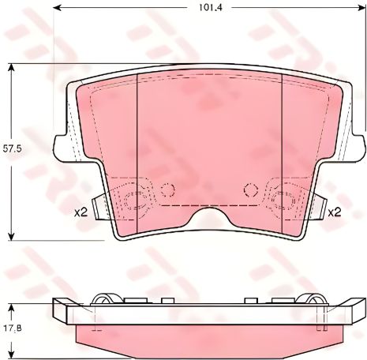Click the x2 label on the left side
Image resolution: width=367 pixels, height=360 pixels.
(80, 212)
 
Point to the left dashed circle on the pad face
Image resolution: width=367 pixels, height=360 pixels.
(167, 189)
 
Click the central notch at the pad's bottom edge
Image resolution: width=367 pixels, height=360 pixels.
(209, 215)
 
